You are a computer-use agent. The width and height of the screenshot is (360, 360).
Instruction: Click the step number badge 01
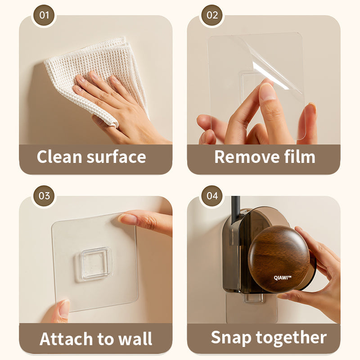tap(44, 15)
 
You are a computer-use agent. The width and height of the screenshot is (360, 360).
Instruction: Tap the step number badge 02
tap(212, 15)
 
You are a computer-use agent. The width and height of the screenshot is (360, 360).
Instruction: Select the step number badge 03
tap(44, 196)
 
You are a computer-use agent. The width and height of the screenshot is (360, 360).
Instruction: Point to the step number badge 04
tap(212, 196)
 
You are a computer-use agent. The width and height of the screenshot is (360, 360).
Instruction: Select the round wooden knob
tap(279, 259)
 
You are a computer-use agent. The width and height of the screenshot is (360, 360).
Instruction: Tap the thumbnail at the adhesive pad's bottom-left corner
tap(64, 309)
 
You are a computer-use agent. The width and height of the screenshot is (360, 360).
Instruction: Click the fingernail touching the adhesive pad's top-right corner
tap(128, 219)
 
